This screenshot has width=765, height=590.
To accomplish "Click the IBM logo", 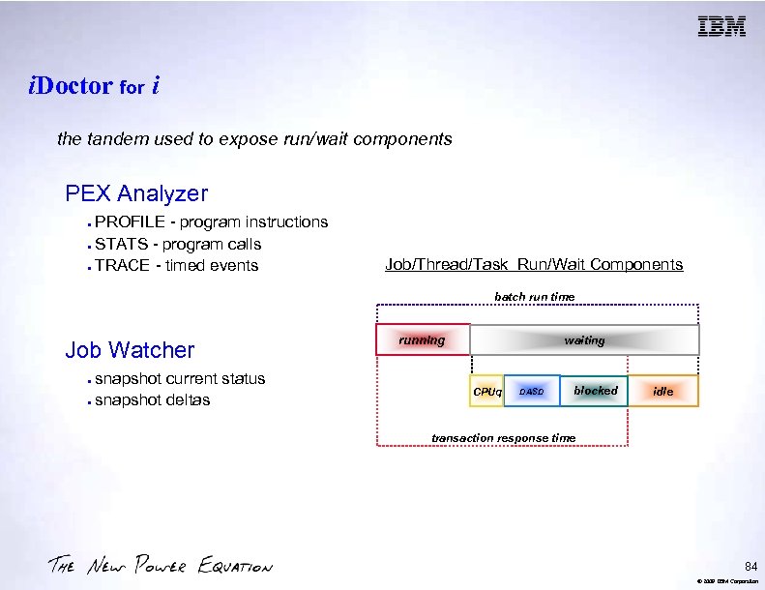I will [721, 27].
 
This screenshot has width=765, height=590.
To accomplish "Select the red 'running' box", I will [423, 339].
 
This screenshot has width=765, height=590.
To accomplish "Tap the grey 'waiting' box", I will [584, 339].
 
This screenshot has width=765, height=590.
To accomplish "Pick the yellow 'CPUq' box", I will [486, 391].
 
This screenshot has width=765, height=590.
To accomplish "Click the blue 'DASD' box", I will [532, 391].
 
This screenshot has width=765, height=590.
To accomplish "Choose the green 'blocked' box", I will [595, 391].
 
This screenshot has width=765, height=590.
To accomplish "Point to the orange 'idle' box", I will [662, 391].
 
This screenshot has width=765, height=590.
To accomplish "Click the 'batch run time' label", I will [534, 296].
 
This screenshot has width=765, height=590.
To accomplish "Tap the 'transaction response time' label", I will [503, 438].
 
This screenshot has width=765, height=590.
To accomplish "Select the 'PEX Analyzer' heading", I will [136, 193].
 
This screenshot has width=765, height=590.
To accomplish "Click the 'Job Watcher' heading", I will [130, 350].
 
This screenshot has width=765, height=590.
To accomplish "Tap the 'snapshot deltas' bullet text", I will [153, 400].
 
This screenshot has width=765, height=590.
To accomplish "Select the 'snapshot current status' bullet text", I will [180, 378].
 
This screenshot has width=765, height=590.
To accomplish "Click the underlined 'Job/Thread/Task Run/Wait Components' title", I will [533, 265].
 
